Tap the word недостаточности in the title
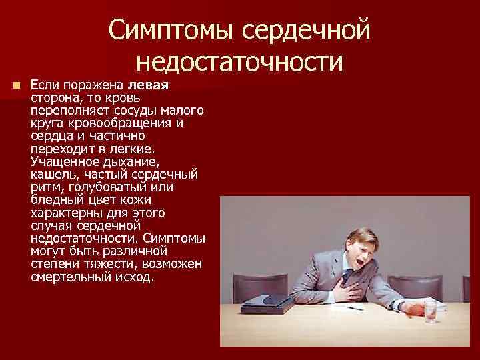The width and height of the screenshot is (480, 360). pyautogui.click(x=239, y=62)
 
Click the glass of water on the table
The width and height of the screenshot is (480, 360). pyautogui.click(x=431, y=310)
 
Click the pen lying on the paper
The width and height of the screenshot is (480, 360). pyautogui.click(x=353, y=309)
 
